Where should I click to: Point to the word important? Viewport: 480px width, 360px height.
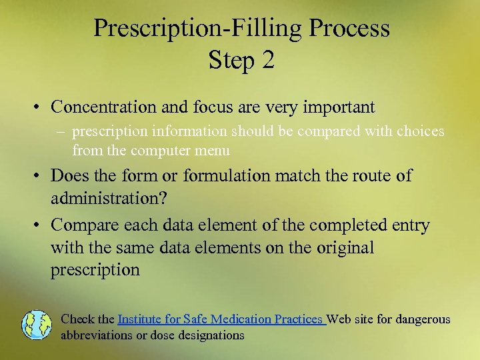338,107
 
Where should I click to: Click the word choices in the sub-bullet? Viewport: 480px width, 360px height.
419,131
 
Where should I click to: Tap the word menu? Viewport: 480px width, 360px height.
214,151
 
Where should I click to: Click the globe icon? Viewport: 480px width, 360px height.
36,325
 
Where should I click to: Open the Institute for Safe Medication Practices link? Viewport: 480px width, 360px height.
221,319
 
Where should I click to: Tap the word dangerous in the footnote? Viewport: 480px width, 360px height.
422,319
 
